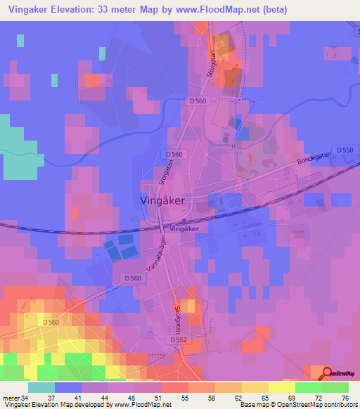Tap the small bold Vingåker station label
click(x=185, y=229)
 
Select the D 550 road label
click(x=344, y=150)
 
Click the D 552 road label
click(x=180, y=339)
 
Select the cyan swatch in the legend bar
click(x=41, y=387)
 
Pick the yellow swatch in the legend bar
click(x=282, y=387)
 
